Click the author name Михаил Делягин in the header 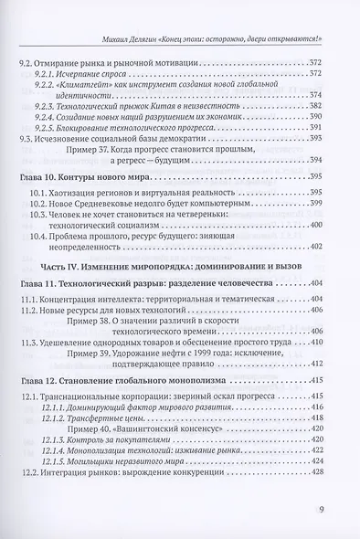tap(132, 38)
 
